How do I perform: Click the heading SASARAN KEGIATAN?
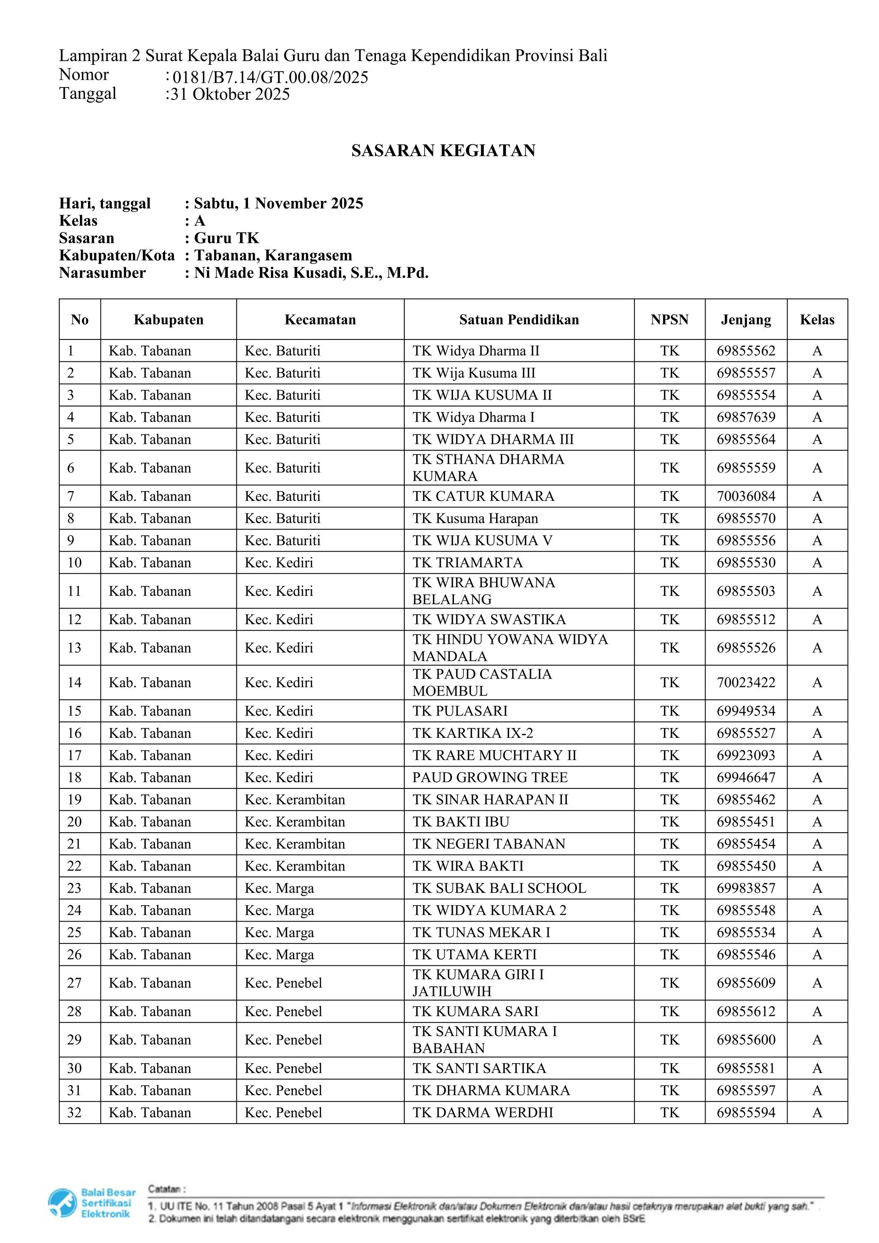point(443,151)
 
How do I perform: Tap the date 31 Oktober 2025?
point(230,94)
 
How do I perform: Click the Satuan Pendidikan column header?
point(518,320)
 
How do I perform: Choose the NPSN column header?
point(669,320)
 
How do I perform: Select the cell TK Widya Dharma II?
point(476,351)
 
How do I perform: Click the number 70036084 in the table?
point(746,497)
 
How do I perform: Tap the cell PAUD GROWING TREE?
point(490,777)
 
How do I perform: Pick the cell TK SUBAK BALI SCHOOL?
point(499,888)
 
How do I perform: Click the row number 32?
point(74,1113)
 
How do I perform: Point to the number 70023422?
point(746,683)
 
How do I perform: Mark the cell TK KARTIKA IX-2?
point(473,733)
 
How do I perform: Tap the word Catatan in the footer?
point(166,1189)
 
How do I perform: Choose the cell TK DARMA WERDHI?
point(482,1113)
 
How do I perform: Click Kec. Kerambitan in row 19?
point(294,800)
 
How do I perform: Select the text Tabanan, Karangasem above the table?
point(273,255)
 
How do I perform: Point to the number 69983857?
point(746,888)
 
